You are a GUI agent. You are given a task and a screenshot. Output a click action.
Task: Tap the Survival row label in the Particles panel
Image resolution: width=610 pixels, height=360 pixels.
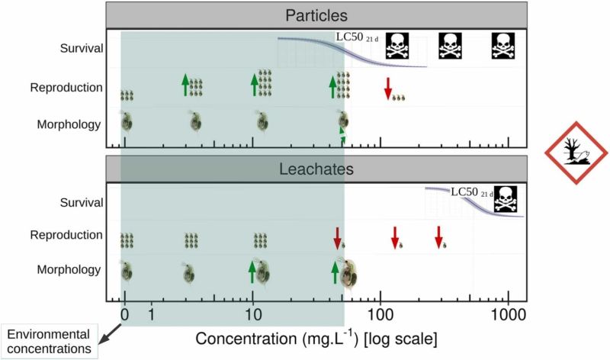[82, 48]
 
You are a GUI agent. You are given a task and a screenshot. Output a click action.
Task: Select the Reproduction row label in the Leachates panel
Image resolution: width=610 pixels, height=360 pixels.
[66, 235]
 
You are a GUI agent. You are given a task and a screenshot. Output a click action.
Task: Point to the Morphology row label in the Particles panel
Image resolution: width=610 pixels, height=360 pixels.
[69, 121]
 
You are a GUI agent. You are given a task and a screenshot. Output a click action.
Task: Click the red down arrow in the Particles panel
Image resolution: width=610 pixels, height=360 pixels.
[387, 88]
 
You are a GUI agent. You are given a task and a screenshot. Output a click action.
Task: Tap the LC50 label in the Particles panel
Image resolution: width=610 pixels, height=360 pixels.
[355, 37]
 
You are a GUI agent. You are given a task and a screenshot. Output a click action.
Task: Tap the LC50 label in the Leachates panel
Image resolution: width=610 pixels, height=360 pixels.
[470, 191]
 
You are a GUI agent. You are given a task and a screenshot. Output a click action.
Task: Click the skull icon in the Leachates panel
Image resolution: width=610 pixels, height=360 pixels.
[504, 197]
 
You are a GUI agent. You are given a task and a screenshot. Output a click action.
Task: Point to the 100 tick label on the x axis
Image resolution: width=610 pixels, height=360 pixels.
[380, 314]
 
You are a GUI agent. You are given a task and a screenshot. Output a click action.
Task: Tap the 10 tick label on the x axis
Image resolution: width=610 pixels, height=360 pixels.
[252, 314]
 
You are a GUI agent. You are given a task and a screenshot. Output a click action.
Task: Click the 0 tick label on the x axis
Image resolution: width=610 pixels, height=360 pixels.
[125, 314]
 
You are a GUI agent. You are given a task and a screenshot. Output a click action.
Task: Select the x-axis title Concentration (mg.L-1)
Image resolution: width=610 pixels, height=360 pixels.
[316, 336]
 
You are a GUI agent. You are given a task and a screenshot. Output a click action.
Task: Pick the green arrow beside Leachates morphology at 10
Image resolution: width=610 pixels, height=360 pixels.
[252, 271]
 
